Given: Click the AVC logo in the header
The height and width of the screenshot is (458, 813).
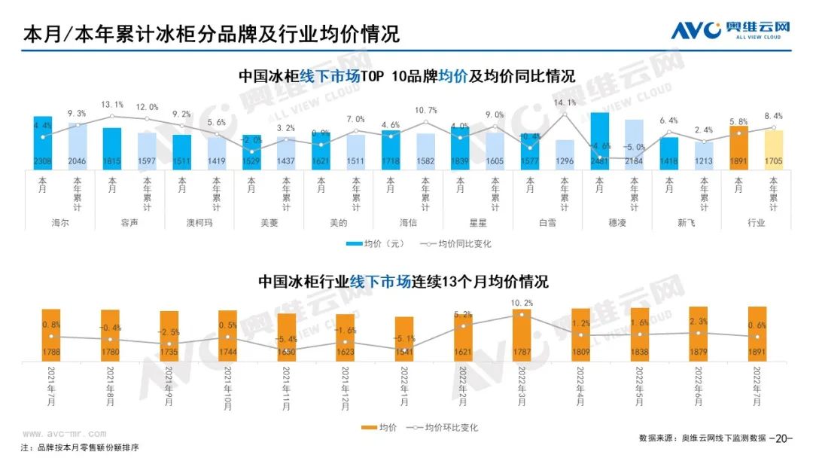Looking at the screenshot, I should click(729, 30).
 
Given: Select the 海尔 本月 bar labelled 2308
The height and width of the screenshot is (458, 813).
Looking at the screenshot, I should click(43, 143).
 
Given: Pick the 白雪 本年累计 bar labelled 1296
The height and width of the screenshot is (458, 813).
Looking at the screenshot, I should click(565, 154).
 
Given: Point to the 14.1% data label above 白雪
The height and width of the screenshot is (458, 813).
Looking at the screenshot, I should click(565, 102).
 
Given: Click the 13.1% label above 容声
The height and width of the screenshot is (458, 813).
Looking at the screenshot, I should click(112, 105).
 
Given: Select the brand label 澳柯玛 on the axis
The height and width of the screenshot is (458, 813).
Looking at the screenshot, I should click(199, 223).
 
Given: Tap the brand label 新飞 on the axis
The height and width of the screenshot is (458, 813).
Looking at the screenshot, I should click(687, 223).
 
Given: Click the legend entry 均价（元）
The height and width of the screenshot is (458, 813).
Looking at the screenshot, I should click(376, 244).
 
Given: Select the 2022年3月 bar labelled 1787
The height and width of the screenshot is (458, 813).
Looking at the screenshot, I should click(522, 334).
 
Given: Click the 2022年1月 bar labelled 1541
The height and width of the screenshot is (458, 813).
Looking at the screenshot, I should click(404, 338).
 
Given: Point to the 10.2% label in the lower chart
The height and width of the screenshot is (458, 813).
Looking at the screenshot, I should click(522, 303).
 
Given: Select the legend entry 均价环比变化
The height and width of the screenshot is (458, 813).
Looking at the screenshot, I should click(444, 428).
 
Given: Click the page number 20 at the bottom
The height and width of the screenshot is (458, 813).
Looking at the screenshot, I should click(782, 438).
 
